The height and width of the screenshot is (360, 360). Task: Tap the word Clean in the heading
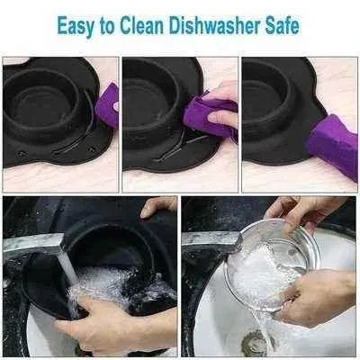[x=141, y=25]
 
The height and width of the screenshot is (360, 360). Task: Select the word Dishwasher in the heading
[x=214, y=25]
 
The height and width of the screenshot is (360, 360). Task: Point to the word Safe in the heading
[x=282, y=25]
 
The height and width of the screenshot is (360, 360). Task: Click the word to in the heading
[x=108, y=26]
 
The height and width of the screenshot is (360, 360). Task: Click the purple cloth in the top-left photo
[x=107, y=105]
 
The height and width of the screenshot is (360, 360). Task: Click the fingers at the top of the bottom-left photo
[x=158, y=206]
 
